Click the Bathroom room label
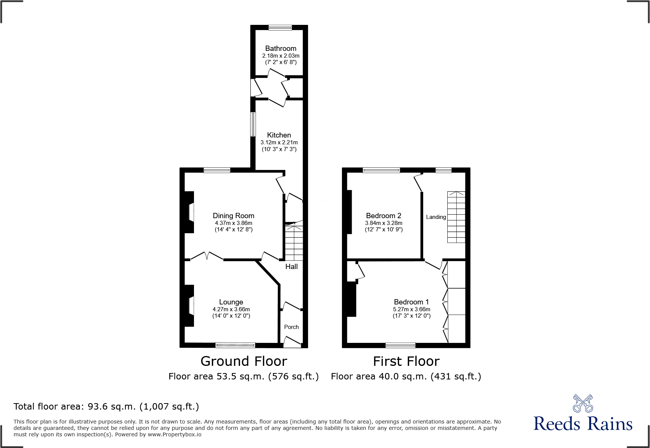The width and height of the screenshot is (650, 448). click(280, 49)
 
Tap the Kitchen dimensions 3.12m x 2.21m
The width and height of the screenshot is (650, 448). click(279, 142)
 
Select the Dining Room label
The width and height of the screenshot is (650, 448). click(233, 216)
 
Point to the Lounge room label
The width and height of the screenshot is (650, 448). click(231, 302)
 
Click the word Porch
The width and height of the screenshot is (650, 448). click(291, 327)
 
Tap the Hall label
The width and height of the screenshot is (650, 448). click(291, 267)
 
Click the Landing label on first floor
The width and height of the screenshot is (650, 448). click(436, 217)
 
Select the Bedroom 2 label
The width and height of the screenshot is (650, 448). click(384, 216)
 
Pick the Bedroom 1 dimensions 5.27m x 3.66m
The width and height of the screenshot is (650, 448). click(411, 309)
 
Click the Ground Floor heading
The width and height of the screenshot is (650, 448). click(243, 361)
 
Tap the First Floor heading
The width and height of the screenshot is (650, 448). click(406, 361)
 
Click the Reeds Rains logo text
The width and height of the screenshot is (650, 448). click(582, 424)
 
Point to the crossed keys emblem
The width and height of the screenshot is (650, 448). click(583, 404)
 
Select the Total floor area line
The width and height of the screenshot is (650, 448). click(106, 407)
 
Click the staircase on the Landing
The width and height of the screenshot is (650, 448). click(456, 217)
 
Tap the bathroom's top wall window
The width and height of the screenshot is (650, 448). click(280, 28)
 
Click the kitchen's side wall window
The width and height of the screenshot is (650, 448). click(253, 124)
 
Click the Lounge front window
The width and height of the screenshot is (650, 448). click(235, 345)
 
